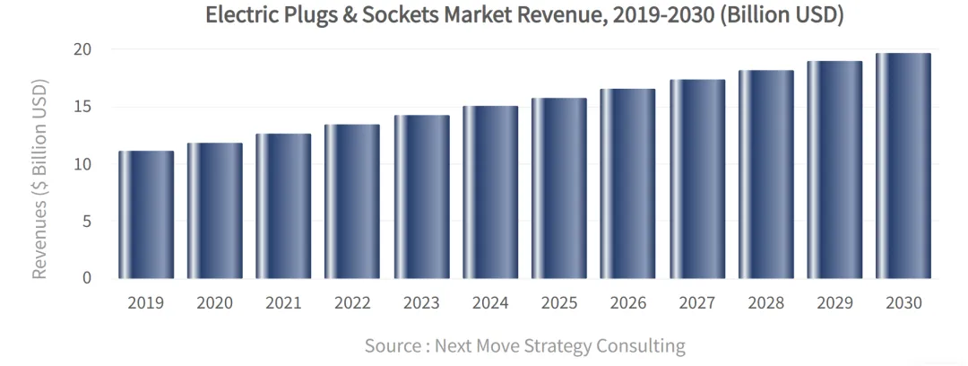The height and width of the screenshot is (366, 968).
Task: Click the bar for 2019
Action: coord(146,214)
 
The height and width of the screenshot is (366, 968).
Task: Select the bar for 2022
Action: coord(352,201)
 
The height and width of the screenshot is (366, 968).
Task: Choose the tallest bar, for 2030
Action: coord(903,165)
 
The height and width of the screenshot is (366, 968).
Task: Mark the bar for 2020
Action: coord(215,210)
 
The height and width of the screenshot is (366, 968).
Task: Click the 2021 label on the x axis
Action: coord(283,303)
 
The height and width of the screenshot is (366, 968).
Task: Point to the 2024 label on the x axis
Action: coord(490,303)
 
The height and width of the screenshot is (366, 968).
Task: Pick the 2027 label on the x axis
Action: coord(696,303)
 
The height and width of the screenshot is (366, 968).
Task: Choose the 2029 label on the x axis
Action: coord(834,303)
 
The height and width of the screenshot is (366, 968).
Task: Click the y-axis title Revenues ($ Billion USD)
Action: coord(39,179)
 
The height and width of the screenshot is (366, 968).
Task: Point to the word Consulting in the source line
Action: coord(642,345)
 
